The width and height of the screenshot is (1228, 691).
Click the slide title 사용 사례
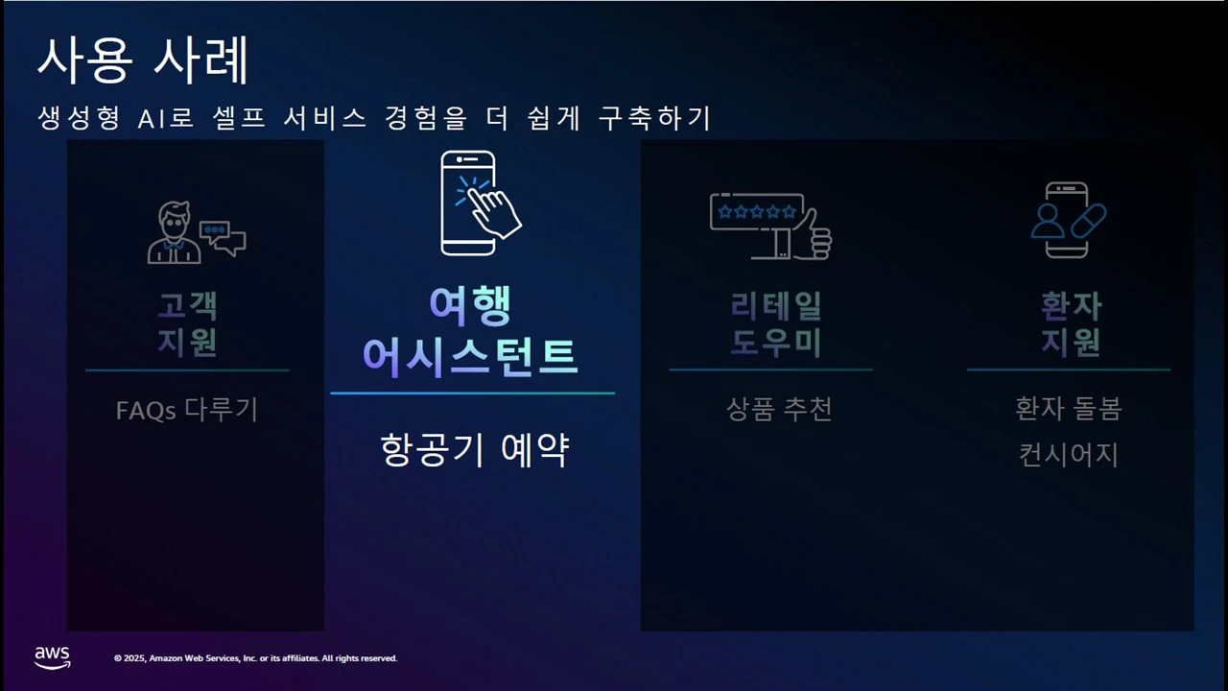click(x=143, y=60)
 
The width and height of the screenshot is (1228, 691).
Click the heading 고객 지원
click(x=187, y=323)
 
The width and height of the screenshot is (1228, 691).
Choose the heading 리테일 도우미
click(x=776, y=323)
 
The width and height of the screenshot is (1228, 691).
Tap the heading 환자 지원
click(x=1071, y=323)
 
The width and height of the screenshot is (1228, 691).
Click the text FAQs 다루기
click(x=187, y=410)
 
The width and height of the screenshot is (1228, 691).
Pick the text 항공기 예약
click(x=475, y=449)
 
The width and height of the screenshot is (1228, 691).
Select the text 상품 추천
click(x=779, y=409)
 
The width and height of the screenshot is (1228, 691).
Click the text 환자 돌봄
click(x=1069, y=409)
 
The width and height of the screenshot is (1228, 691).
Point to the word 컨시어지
click(x=1069, y=454)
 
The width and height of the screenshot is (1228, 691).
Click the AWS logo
click(x=53, y=657)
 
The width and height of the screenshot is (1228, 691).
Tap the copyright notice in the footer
click(x=255, y=658)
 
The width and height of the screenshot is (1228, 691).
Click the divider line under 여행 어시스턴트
click(x=472, y=393)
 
